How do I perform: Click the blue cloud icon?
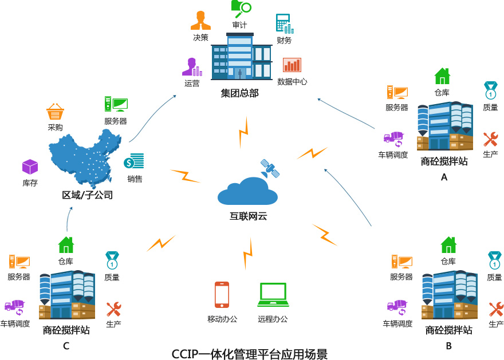pyautogui.click(x=247, y=192)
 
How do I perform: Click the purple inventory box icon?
pyautogui.click(x=30, y=167)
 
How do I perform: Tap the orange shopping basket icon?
pyautogui.click(x=55, y=112)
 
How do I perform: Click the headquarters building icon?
pyautogui.click(x=241, y=57)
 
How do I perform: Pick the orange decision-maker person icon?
pyautogui.click(x=200, y=21)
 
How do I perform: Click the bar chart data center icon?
pyautogui.click(x=292, y=65)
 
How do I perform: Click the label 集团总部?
pyautogui.click(x=240, y=93)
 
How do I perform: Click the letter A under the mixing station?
pyautogui.click(x=444, y=177)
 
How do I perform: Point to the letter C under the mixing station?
pyautogui.click(x=66, y=346)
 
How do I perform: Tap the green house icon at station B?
pyautogui.click(x=448, y=245)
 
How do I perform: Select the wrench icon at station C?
pyautogui.click(x=113, y=310)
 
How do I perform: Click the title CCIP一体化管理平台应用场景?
pyautogui.click(x=250, y=353)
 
